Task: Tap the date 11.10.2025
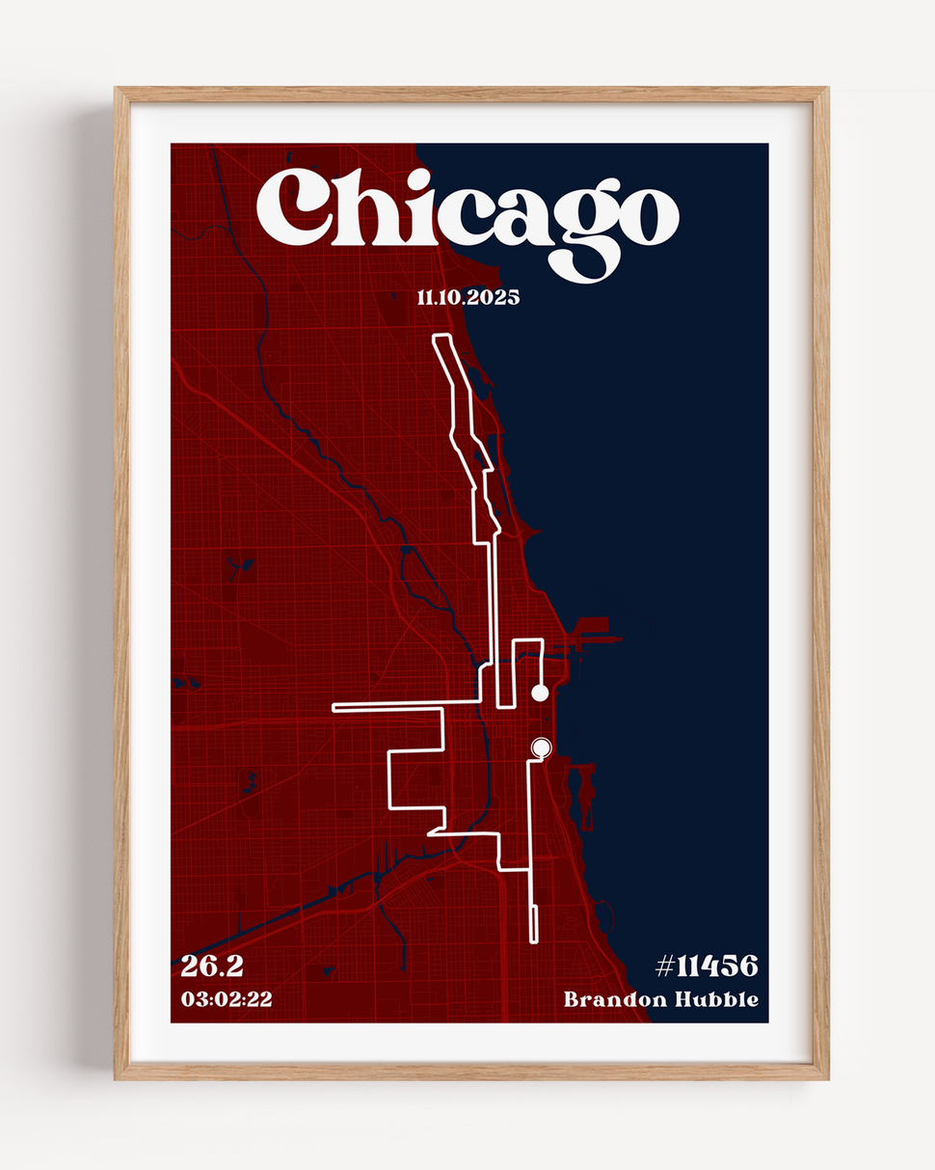(x=467, y=298)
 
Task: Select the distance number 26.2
(x=212, y=966)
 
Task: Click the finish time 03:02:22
(x=227, y=999)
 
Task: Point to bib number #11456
(x=707, y=966)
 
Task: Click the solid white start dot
(x=540, y=693)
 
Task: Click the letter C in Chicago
(x=294, y=207)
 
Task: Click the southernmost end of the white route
(x=533, y=940)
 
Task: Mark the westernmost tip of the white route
(x=334, y=708)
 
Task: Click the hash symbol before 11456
(x=665, y=966)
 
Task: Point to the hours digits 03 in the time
(x=192, y=999)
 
